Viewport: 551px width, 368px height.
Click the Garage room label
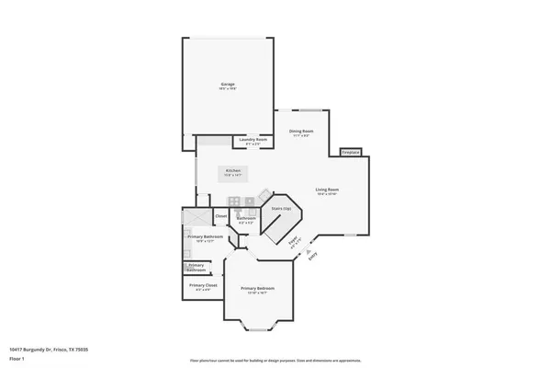point(227,86)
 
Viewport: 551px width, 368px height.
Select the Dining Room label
point(301,132)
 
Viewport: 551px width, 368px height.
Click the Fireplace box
point(351,152)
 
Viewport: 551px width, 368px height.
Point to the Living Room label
point(328,190)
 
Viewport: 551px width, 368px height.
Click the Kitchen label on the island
point(234,172)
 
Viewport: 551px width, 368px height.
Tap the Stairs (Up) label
point(281,209)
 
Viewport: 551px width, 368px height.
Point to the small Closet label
point(220,216)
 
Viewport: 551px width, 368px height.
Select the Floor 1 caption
point(17,358)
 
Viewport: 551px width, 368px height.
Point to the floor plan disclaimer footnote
point(275,360)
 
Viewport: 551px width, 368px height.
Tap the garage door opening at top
point(229,38)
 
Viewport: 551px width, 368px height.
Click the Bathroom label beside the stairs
point(246,219)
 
